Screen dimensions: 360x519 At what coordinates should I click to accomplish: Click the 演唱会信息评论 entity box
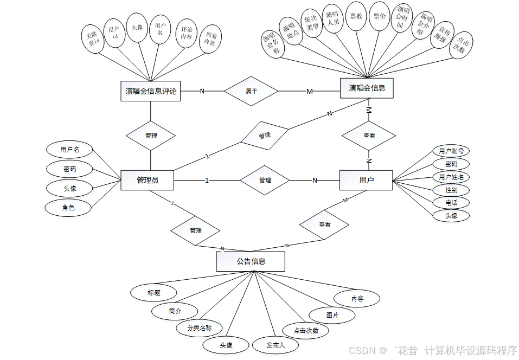coord(151,91)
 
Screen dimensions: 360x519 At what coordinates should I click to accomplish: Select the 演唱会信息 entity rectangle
coord(367,88)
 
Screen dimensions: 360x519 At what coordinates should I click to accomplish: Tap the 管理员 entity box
coord(148,180)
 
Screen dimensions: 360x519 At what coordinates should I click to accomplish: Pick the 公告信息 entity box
coord(251,261)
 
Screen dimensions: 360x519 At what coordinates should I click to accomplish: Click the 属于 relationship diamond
coord(251,91)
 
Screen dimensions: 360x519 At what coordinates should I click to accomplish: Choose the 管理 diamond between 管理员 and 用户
coord(265,180)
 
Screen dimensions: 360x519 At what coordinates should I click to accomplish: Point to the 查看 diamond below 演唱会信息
coord(369,136)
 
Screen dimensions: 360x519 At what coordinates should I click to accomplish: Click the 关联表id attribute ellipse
coord(94,38)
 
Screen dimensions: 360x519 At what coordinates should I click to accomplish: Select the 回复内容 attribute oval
coord(210,38)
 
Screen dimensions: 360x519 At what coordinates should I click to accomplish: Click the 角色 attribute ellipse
coord(68,207)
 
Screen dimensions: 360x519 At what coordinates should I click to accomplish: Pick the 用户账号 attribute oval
coord(451,151)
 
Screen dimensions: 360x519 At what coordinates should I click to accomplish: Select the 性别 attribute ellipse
coord(451,190)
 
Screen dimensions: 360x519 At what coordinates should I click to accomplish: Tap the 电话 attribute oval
coord(451,203)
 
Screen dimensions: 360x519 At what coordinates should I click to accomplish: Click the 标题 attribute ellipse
coord(154,293)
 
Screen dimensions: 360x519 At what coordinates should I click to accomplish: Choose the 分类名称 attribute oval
coord(199,327)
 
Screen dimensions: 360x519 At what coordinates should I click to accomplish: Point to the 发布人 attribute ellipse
coord(275,345)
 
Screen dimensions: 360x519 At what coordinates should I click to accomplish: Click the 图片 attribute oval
coord(332,315)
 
